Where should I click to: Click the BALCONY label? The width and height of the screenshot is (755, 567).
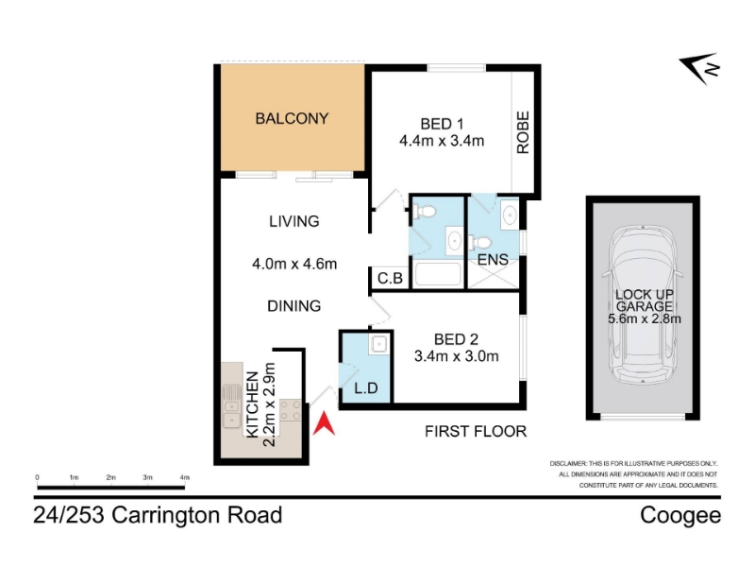click(x=292, y=119)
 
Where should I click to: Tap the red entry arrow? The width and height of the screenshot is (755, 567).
click(x=324, y=423)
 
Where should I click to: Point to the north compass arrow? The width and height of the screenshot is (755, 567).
click(x=700, y=68)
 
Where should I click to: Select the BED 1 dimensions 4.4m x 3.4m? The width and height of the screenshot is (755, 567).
click(x=442, y=141)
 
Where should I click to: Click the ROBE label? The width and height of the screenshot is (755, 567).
click(x=523, y=132)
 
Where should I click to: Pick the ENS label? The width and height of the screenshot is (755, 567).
click(x=493, y=260)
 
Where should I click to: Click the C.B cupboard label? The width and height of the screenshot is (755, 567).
click(x=390, y=278)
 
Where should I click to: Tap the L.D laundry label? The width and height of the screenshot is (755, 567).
click(x=366, y=388)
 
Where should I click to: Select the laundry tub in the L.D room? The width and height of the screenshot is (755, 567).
click(x=379, y=344)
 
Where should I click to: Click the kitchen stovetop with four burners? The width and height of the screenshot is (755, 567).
click(x=291, y=410)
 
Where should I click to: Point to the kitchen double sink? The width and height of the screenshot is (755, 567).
click(x=231, y=406)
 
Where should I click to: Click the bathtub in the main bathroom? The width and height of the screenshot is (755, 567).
click(x=438, y=275)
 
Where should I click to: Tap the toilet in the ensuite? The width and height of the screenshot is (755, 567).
click(x=479, y=241)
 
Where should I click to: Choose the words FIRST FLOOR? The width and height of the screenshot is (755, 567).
click(x=476, y=431)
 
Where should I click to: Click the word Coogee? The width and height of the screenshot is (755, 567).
click(x=680, y=515)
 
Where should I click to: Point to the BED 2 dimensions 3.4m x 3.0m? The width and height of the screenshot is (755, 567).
click(x=456, y=356)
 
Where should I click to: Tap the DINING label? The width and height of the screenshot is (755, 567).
click(x=294, y=305)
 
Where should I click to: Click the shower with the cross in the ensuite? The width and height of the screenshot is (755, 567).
click(x=494, y=274)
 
